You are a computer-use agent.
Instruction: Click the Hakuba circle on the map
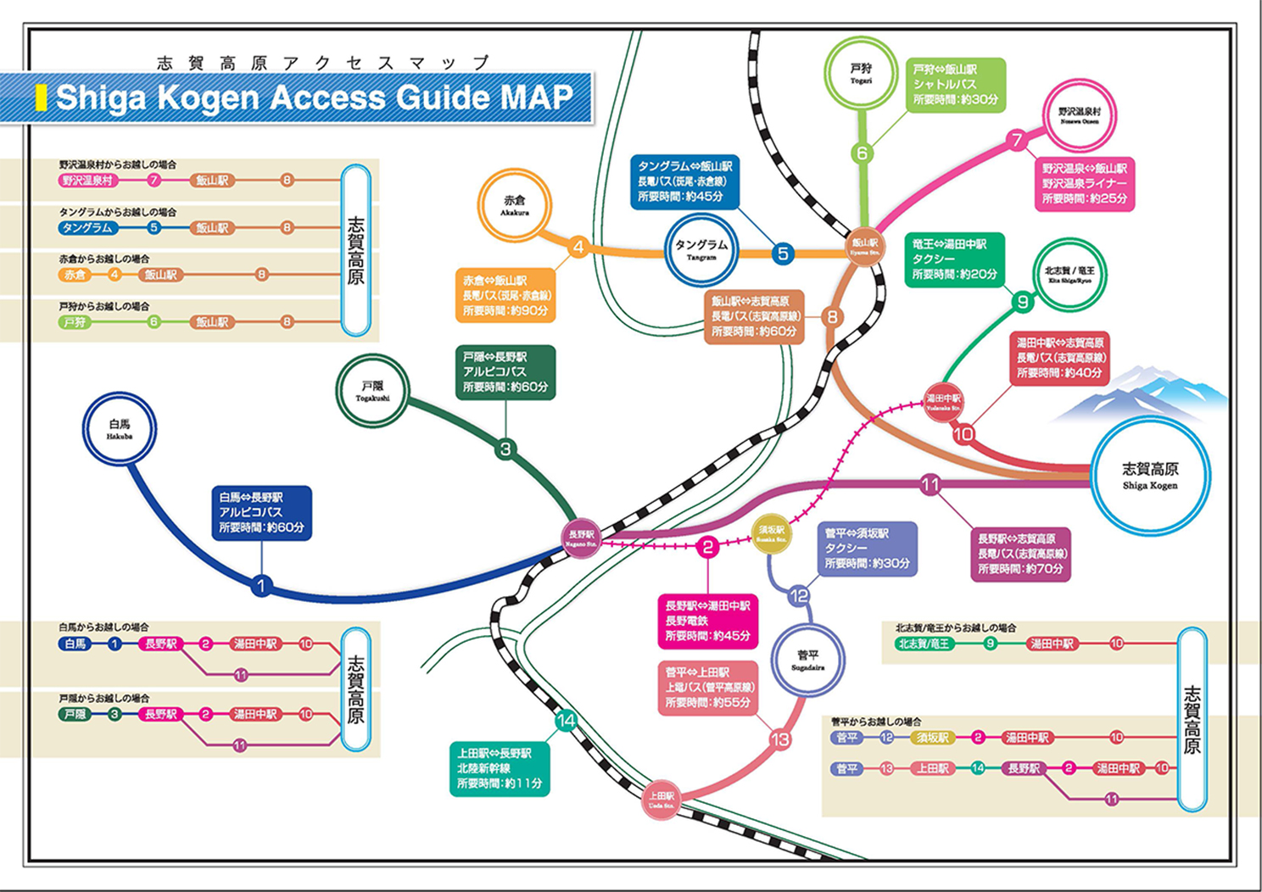pyautogui.click(x=120, y=429)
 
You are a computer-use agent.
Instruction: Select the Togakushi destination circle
pyautogui.click(x=372, y=391)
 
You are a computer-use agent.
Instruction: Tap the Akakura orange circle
pyautogui.click(x=514, y=206)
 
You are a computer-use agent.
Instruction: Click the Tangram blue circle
pyautogui.click(x=701, y=250)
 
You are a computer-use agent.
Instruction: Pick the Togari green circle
pyautogui.click(x=861, y=74)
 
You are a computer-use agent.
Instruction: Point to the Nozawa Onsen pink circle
pyautogui.click(x=1079, y=115)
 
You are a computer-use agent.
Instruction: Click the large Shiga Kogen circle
pyautogui.click(x=1149, y=476)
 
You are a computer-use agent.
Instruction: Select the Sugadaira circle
pyautogui.click(x=807, y=660)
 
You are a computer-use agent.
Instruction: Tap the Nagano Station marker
pyautogui.click(x=582, y=538)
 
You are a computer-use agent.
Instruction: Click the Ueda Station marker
pyautogui.click(x=662, y=800)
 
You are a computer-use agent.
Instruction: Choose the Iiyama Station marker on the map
pyautogui.click(x=864, y=247)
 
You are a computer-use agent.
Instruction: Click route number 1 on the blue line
pyautogui.click(x=261, y=585)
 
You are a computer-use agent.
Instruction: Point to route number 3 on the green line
pyautogui.click(x=505, y=449)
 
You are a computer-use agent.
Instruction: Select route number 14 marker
pyautogui.click(x=566, y=721)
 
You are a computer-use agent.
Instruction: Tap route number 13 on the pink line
pyautogui.click(x=779, y=739)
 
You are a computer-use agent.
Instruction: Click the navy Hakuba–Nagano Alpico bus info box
pyautogui.click(x=261, y=513)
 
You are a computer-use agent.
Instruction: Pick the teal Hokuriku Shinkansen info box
pyautogui.click(x=500, y=768)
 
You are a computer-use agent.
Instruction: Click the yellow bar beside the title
pyautogui.click(x=41, y=98)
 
